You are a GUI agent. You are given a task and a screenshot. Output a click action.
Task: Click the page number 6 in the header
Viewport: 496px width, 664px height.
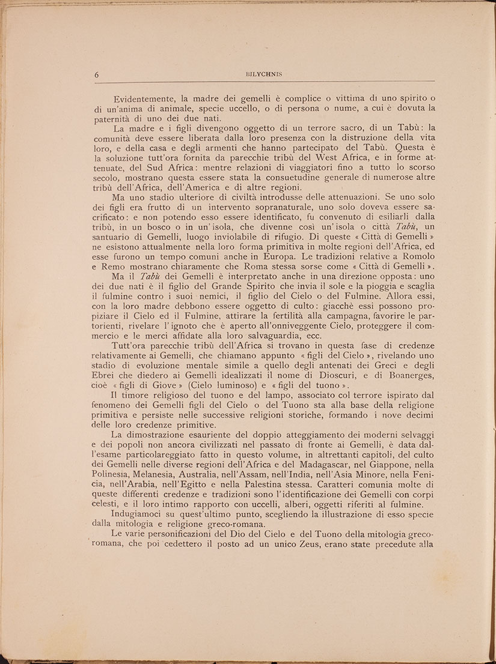coord(97,74)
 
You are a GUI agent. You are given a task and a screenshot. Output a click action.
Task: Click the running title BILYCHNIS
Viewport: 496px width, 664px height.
coord(265,74)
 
